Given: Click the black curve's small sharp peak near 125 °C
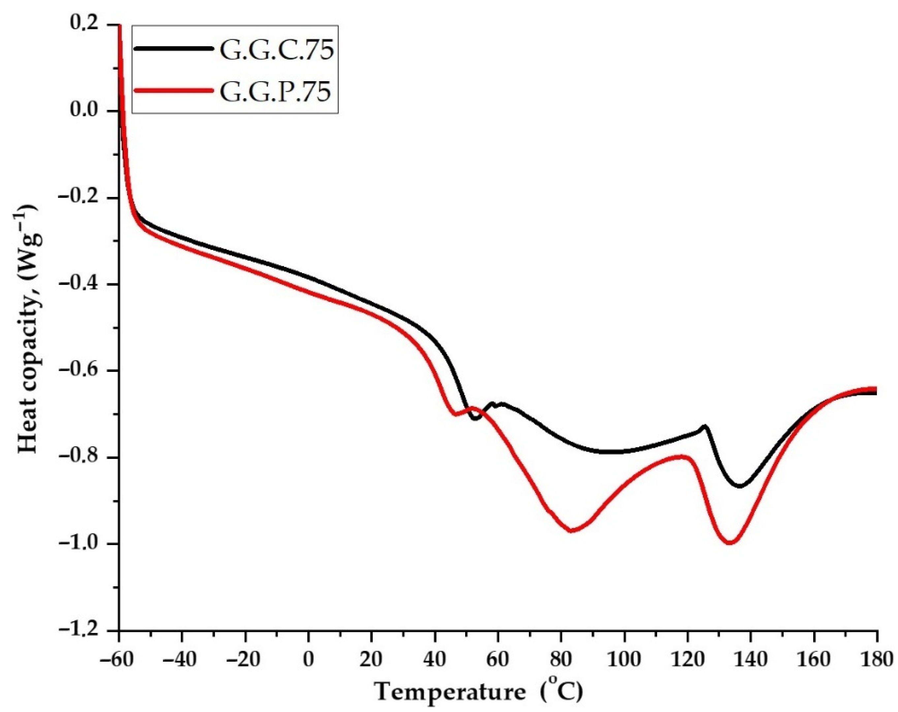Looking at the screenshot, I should [705, 426].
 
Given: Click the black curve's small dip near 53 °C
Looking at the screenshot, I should [476, 418].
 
